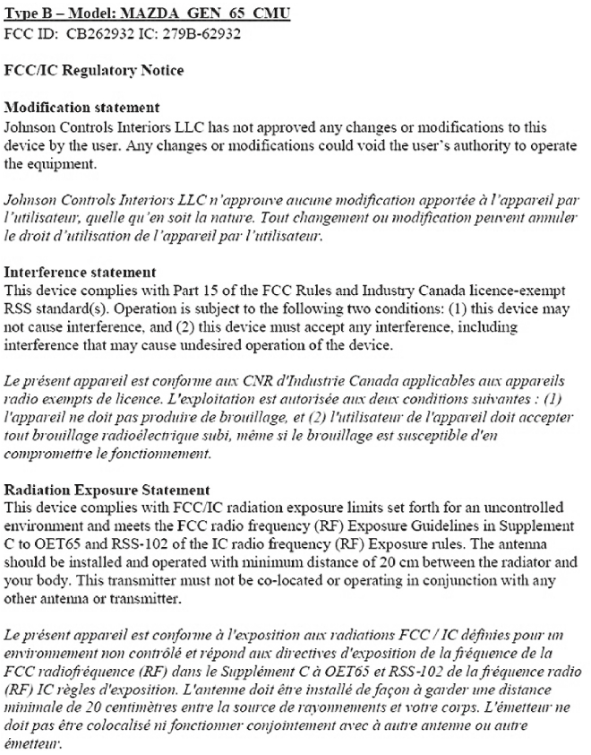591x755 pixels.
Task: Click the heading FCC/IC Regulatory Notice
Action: point(82,68)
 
